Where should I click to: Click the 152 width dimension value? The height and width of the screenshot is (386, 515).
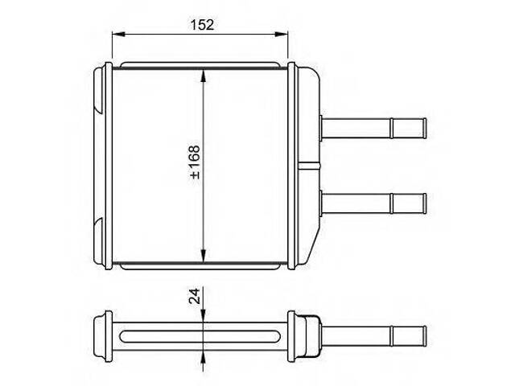point(202,25)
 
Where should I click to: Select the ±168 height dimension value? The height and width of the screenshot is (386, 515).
point(196,162)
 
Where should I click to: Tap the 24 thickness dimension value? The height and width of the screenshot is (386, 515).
point(195,296)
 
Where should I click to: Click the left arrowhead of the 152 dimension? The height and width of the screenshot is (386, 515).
point(119,34)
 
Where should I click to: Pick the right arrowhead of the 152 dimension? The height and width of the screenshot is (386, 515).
point(281,34)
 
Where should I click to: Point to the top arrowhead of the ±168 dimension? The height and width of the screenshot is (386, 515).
point(204,76)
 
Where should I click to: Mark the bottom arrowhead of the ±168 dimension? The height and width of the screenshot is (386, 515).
point(204,256)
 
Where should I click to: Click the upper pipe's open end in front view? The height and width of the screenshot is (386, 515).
point(424,129)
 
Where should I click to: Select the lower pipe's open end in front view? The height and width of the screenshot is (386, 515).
point(424,203)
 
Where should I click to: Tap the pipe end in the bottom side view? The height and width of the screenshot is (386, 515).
point(424,336)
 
